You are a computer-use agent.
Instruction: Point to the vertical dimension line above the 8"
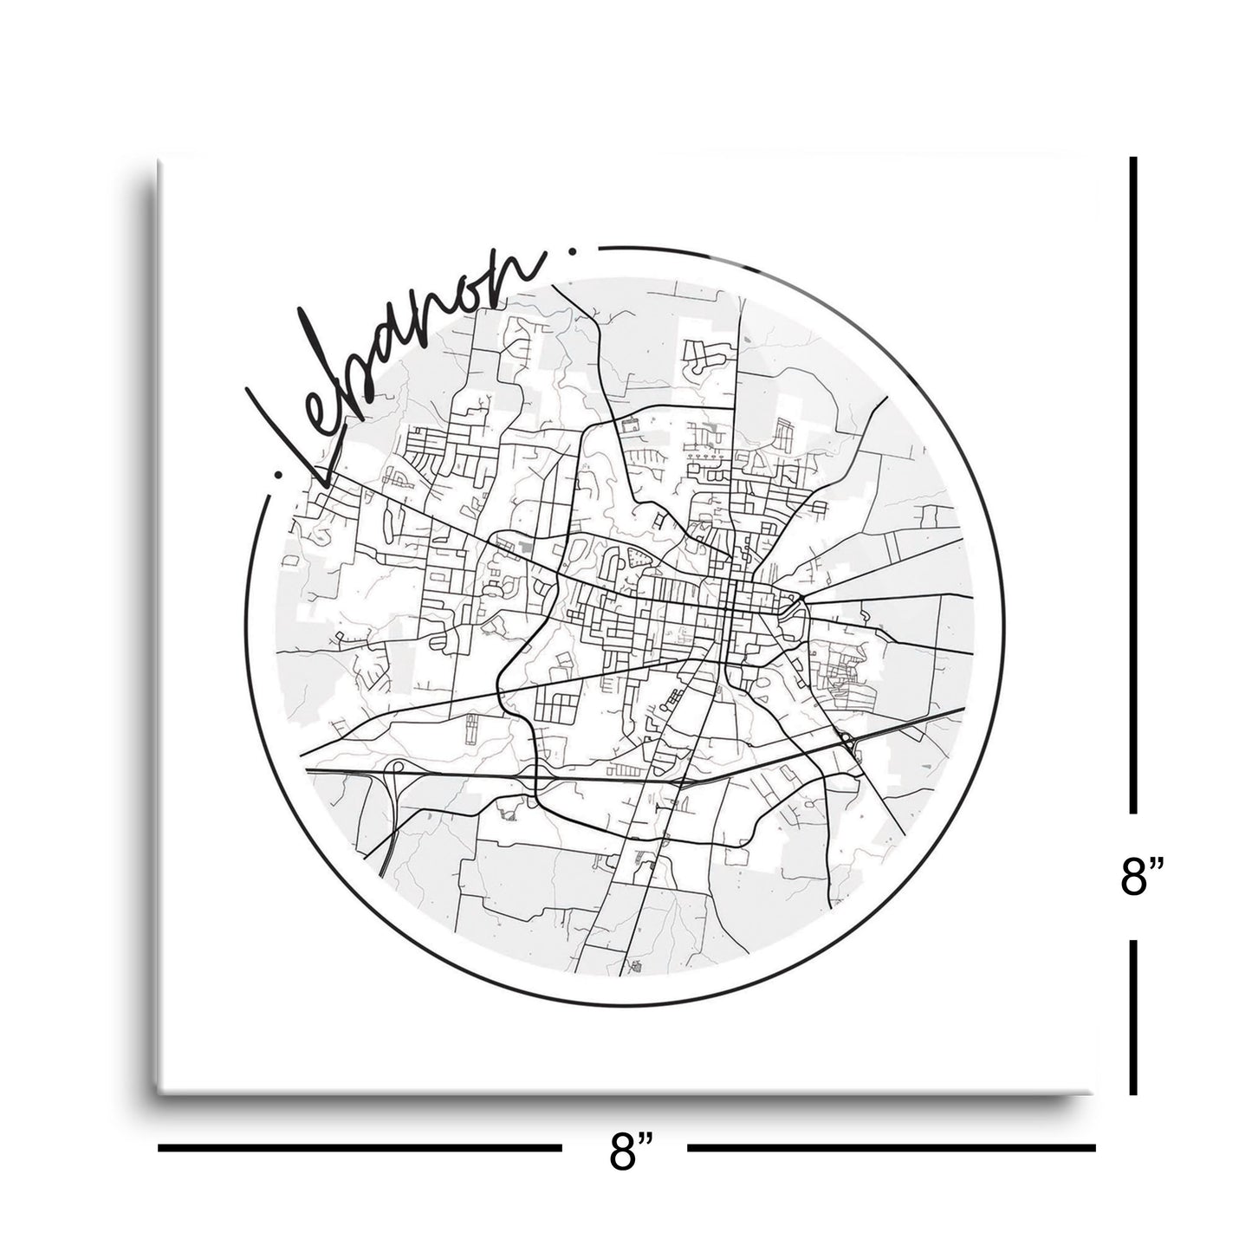coord(1133,485)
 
